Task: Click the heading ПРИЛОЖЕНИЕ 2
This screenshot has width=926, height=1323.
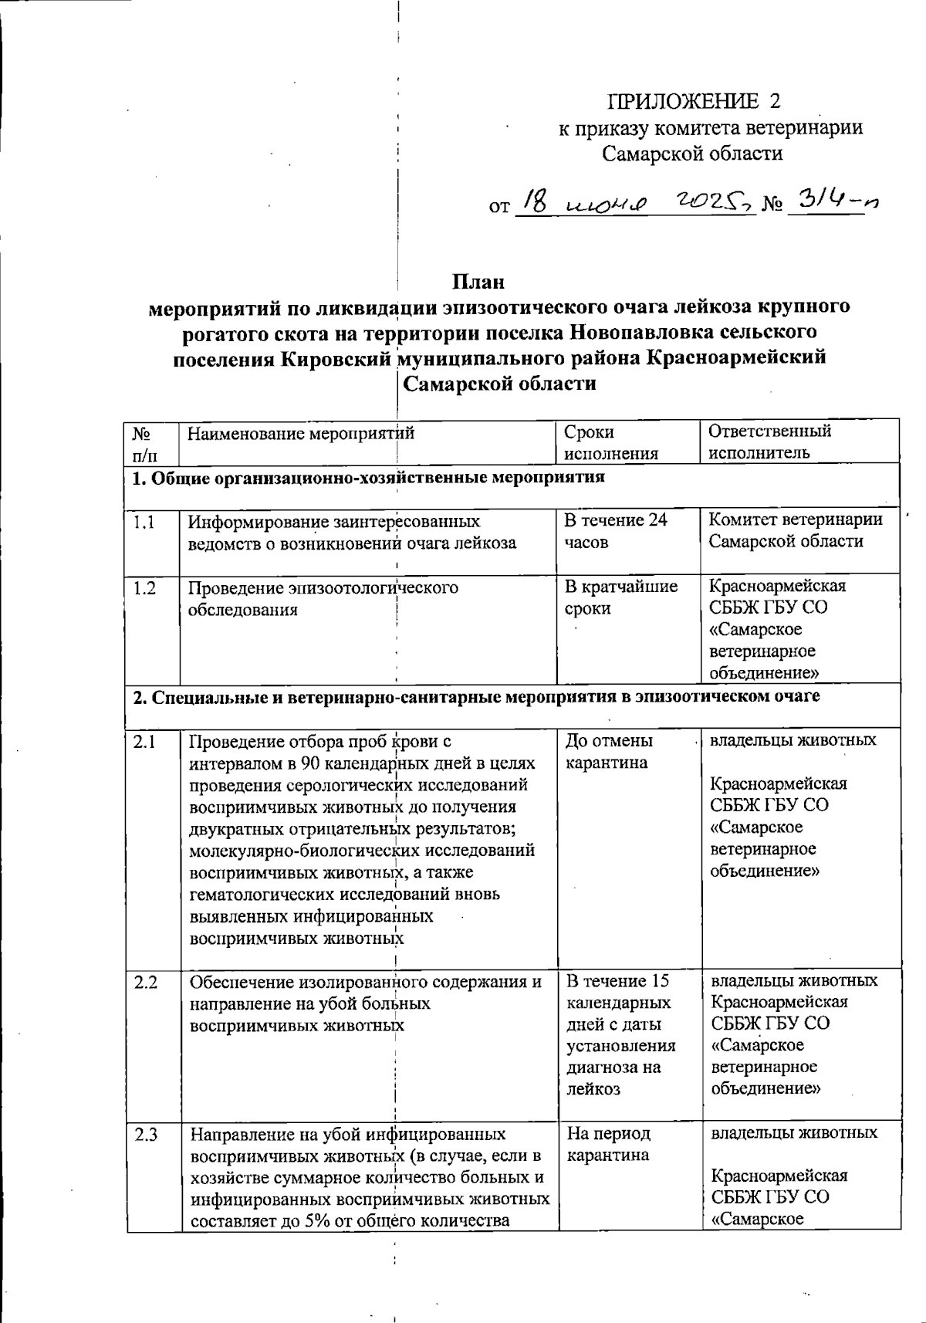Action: pos(694,101)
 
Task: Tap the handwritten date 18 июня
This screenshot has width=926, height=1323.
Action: pos(584,203)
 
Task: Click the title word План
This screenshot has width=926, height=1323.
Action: pos(478,281)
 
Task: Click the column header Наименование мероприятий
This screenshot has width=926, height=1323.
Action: pos(301,433)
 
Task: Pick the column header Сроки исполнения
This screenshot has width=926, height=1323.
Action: pos(610,442)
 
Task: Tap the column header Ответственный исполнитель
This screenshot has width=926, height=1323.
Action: pos(769,442)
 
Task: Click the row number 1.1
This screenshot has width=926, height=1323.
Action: pos(144,523)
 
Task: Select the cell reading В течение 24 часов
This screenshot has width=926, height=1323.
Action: pos(615,531)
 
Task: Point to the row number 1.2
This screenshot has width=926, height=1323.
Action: pos(144,588)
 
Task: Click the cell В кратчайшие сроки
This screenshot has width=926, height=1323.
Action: pos(620,597)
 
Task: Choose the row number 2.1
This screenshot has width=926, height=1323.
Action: pos(144,742)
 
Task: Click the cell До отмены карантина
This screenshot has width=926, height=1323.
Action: pos(609,752)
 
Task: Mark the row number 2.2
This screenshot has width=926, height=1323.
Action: pos(145,983)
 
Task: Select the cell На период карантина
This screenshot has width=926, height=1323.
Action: pos(608,1144)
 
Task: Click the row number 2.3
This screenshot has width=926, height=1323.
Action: pos(145,1135)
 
